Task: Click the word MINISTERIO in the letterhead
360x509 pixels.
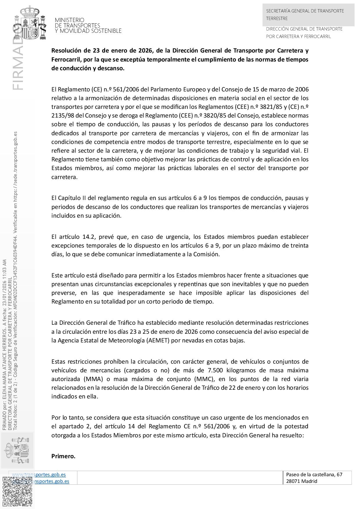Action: pyautogui.click(x=69, y=20)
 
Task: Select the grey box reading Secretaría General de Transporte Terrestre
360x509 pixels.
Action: pyautogui.click(x=308, y=15)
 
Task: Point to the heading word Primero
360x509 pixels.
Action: pyautogui.click(x=63, y=456)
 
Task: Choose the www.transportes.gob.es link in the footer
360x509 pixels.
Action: pyautogui.click(x=39, y=474)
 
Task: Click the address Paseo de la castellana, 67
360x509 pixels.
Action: pyautogui.click(x=314, y=474)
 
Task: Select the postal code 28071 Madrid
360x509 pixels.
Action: pyautogui.click(x=302, y=481)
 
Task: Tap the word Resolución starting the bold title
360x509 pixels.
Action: pyautogui.click(x=66, y=50)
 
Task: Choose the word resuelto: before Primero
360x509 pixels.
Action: pyautogui.click(x=292, y=435)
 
